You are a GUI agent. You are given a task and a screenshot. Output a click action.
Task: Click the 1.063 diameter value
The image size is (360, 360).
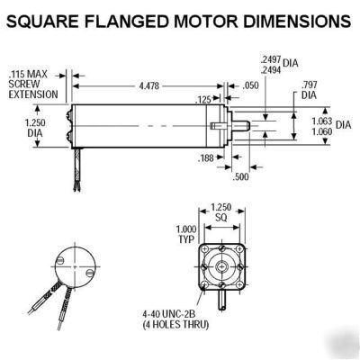tap(319, 120)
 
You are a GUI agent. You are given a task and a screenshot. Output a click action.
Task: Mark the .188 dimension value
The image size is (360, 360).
tap(206, 157)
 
